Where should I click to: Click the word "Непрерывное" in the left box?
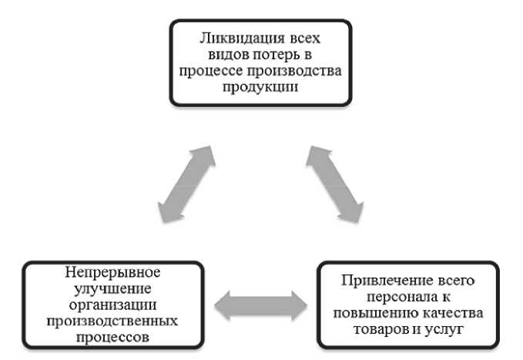[x=112, y=273]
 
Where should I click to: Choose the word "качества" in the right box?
[x=448, y=312]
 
